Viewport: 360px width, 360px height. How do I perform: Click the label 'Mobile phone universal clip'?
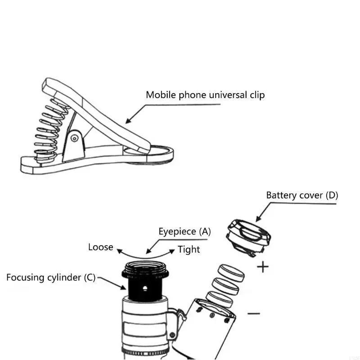pyautogui.click(x=205, y=95)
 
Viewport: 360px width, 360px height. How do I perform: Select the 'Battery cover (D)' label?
pyautogui.click(x=302, y=195)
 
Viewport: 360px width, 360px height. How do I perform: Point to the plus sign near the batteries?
pyautogui.click(x=262, y=267)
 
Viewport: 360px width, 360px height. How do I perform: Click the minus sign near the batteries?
pyautogui.click(x=254, y=313)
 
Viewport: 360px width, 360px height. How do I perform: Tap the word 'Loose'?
pyautogui.click(x=100, y=247)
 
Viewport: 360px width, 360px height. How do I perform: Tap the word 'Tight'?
pyautogui.click(x=189, y=249)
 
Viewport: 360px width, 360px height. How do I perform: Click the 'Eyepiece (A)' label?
pyautogui.click(x=184, y=232)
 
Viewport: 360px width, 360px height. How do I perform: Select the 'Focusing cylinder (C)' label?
pyautogui.click(x=51, y=277)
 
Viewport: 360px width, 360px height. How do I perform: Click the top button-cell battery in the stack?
pyautogui.click(x=232, y=272)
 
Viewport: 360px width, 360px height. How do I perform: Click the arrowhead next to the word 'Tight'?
pyautogui.click(x=172, y=250)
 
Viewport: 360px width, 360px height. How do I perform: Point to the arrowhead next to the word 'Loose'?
pyautogui.click(x=119, y=249)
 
